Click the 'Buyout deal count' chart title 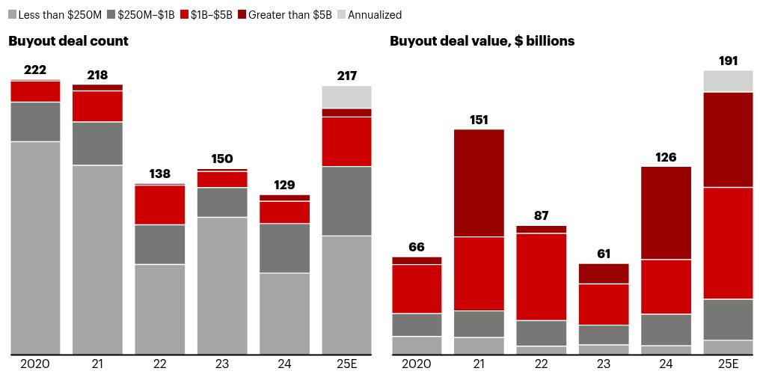coord(68,41)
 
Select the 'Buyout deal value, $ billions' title coord(482,41)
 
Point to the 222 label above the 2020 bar coord(35,70)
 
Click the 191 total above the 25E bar coord(728,61)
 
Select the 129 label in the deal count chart coord(284,185)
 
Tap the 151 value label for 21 coord(479,120)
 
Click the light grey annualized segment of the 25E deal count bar coord(346,96)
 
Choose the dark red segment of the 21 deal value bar coord(479,183)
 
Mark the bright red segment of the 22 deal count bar coord(159,204)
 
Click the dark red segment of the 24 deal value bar coord(666,213)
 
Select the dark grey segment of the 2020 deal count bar coord(35,121)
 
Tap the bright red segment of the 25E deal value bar coord(728,243)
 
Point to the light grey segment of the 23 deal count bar coord(222,285)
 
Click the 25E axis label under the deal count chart coord(346,364)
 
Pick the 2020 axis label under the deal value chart coord(417,364)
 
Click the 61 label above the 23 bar coord(604,254)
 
